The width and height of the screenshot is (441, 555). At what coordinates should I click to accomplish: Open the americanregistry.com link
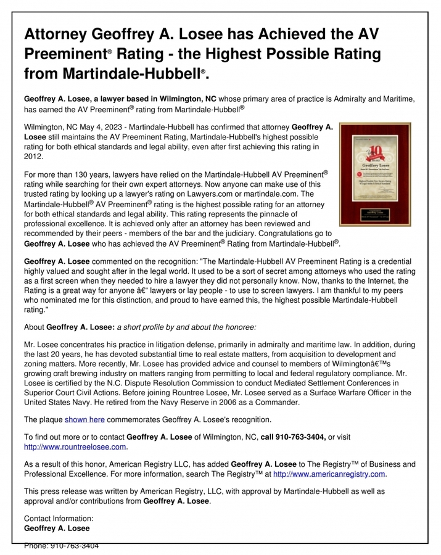coord(329,474)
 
